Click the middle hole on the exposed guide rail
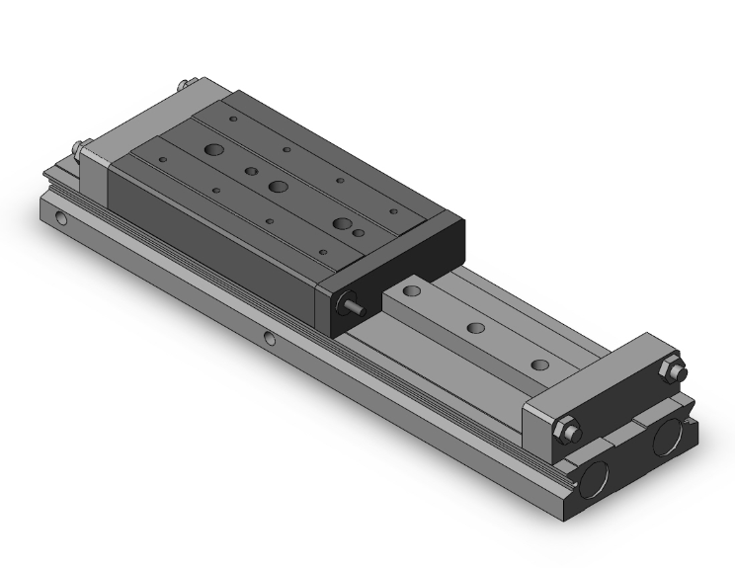pyautogui.click(x=476, y=328)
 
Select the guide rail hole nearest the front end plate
pyautogui.click(x=538, y=365)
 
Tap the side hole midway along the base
pyautogui.click(x=270, y=341)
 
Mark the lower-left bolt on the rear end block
pyautogui.click(x=78, y=149)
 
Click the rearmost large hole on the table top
pyautogui.click(x=213, y=151)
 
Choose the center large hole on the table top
pyautogui.click(x=279, y=187)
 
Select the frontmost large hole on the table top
pyautogui.click(x=342, y=223)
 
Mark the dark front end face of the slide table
pyautogui.click(x=395, y=273)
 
